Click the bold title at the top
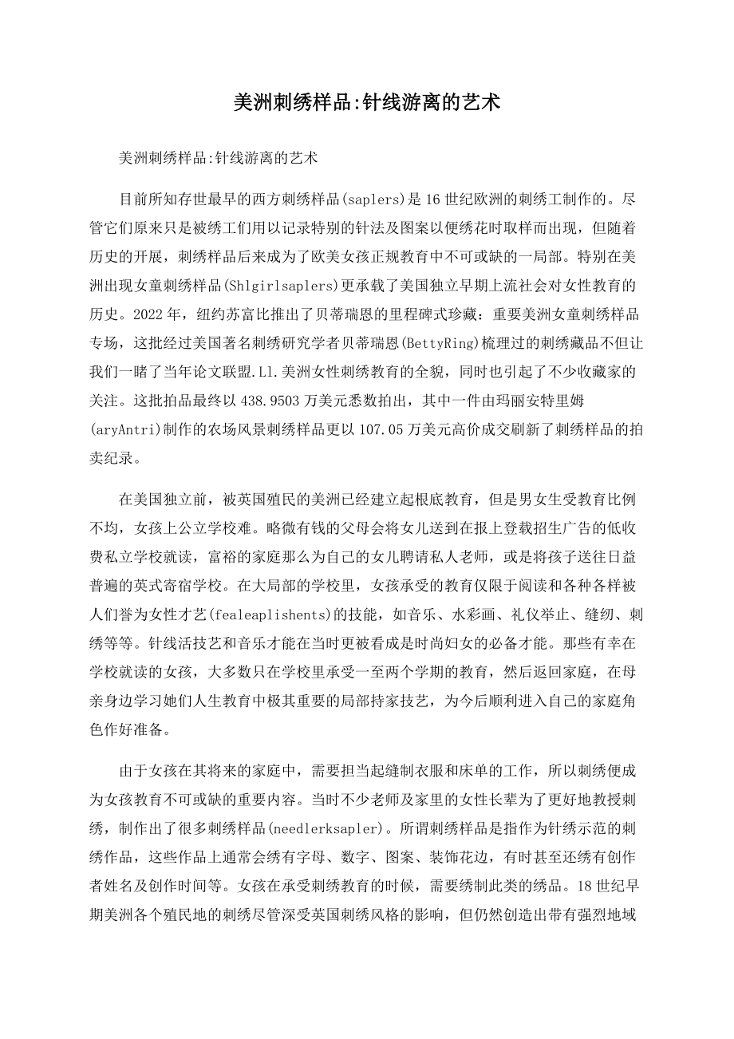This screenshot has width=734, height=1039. click(x=366, y=102)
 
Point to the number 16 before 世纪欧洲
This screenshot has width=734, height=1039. click(x=457, y=199)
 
